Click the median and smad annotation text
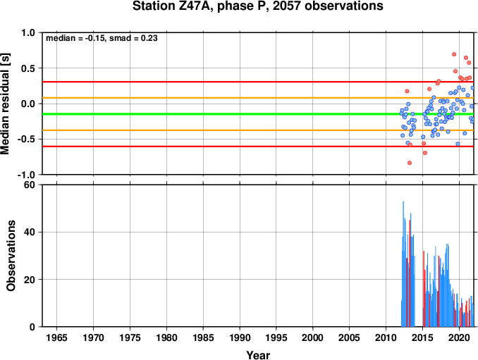pos(102,38)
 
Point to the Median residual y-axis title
pos(5,104)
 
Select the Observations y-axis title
pos(11,256)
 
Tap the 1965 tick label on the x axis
pos(56,337)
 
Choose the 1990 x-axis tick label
pos(240,337)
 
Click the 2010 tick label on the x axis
pos(386,337)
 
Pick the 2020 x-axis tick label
pos(459,337)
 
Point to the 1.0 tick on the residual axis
pos(28,32)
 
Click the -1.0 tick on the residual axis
pos(26,175)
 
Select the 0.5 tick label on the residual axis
pos(28,68)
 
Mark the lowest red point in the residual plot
pos(410,163)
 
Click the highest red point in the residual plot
pos(454,54)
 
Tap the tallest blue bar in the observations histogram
pos(403,263)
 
